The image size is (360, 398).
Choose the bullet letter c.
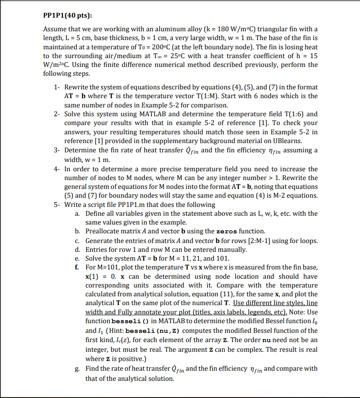[x=77, y=241]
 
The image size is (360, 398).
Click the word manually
[x=233, y=250]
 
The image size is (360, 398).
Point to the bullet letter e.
[x=77, y=258]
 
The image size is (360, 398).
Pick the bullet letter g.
[x=77, y=369]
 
